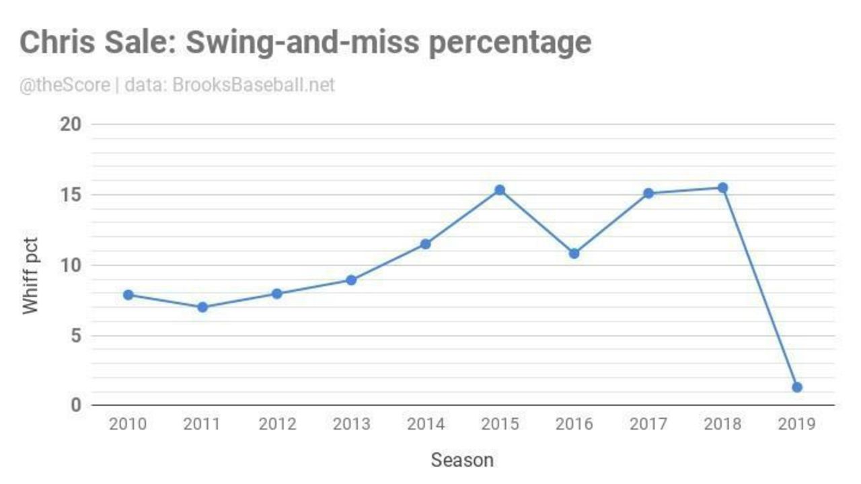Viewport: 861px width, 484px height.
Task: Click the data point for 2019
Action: point(797,387)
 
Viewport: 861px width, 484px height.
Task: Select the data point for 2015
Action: point(500,190)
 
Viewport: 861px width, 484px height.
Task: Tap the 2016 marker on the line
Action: point(574,253)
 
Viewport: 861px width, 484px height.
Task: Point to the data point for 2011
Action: point(202,307)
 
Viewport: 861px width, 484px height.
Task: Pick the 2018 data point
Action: point(722,188)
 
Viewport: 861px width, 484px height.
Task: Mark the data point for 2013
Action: point(351,280)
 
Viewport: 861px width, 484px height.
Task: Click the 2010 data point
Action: point(128,294)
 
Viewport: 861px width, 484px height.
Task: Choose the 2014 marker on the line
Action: point(425,244)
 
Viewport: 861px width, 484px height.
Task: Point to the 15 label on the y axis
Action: point(73,195)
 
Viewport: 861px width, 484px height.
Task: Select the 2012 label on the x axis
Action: point(276,424)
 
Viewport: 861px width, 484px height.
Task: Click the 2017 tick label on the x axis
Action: point(648,424)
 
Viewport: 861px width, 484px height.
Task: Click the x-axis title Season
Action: point(462,460)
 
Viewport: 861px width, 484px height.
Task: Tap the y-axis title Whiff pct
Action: point(30,274)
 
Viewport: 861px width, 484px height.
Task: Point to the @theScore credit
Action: point(65,86)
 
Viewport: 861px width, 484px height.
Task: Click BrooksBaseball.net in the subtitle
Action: point(254,86)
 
